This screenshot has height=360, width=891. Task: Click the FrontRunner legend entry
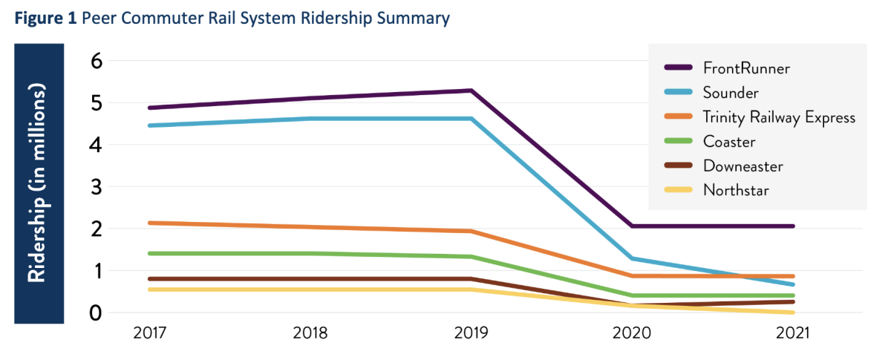pos(746,68)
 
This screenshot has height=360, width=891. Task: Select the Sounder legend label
pos(731,92)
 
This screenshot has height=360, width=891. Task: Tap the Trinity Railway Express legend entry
pos(779,117)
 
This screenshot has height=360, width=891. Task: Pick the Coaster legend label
pos(728,141)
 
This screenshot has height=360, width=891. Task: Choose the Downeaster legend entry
pos(742,166)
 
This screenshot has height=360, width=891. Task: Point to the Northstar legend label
pos(736,190)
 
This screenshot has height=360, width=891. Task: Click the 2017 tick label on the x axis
pos(151,334)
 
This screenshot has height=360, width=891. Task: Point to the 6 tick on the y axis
pos(95,61)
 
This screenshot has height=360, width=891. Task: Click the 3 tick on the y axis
pos(95,187)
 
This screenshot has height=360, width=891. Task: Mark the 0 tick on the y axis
pos(95,312)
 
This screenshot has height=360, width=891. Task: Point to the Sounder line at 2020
pos(632,258)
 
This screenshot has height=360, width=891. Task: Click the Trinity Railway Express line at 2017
pos(151,223)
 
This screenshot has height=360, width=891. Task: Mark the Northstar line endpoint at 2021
pos(793,312)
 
